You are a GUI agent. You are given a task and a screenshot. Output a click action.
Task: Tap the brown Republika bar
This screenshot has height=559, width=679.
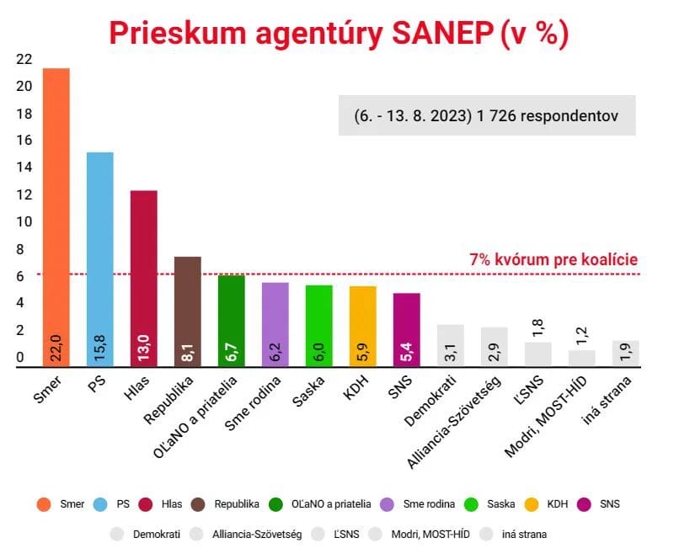(x=187, y=311)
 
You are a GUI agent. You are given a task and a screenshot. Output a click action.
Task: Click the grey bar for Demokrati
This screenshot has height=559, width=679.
(x=450, y=345)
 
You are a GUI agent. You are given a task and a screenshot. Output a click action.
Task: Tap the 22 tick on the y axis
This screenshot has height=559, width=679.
(x=24, y=59)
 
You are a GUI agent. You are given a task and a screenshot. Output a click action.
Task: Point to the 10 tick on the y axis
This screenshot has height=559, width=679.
(x=24, y=222)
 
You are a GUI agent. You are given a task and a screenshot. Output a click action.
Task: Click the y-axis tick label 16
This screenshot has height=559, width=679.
(x=24, y=141)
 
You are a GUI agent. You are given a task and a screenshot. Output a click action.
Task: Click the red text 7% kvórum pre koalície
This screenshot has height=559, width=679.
(x=553, y=260)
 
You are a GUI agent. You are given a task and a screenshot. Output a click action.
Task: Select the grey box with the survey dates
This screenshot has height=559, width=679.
(x=487, y=116)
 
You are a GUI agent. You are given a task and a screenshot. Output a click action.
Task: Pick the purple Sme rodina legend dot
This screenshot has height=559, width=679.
(x=389, y=504)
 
